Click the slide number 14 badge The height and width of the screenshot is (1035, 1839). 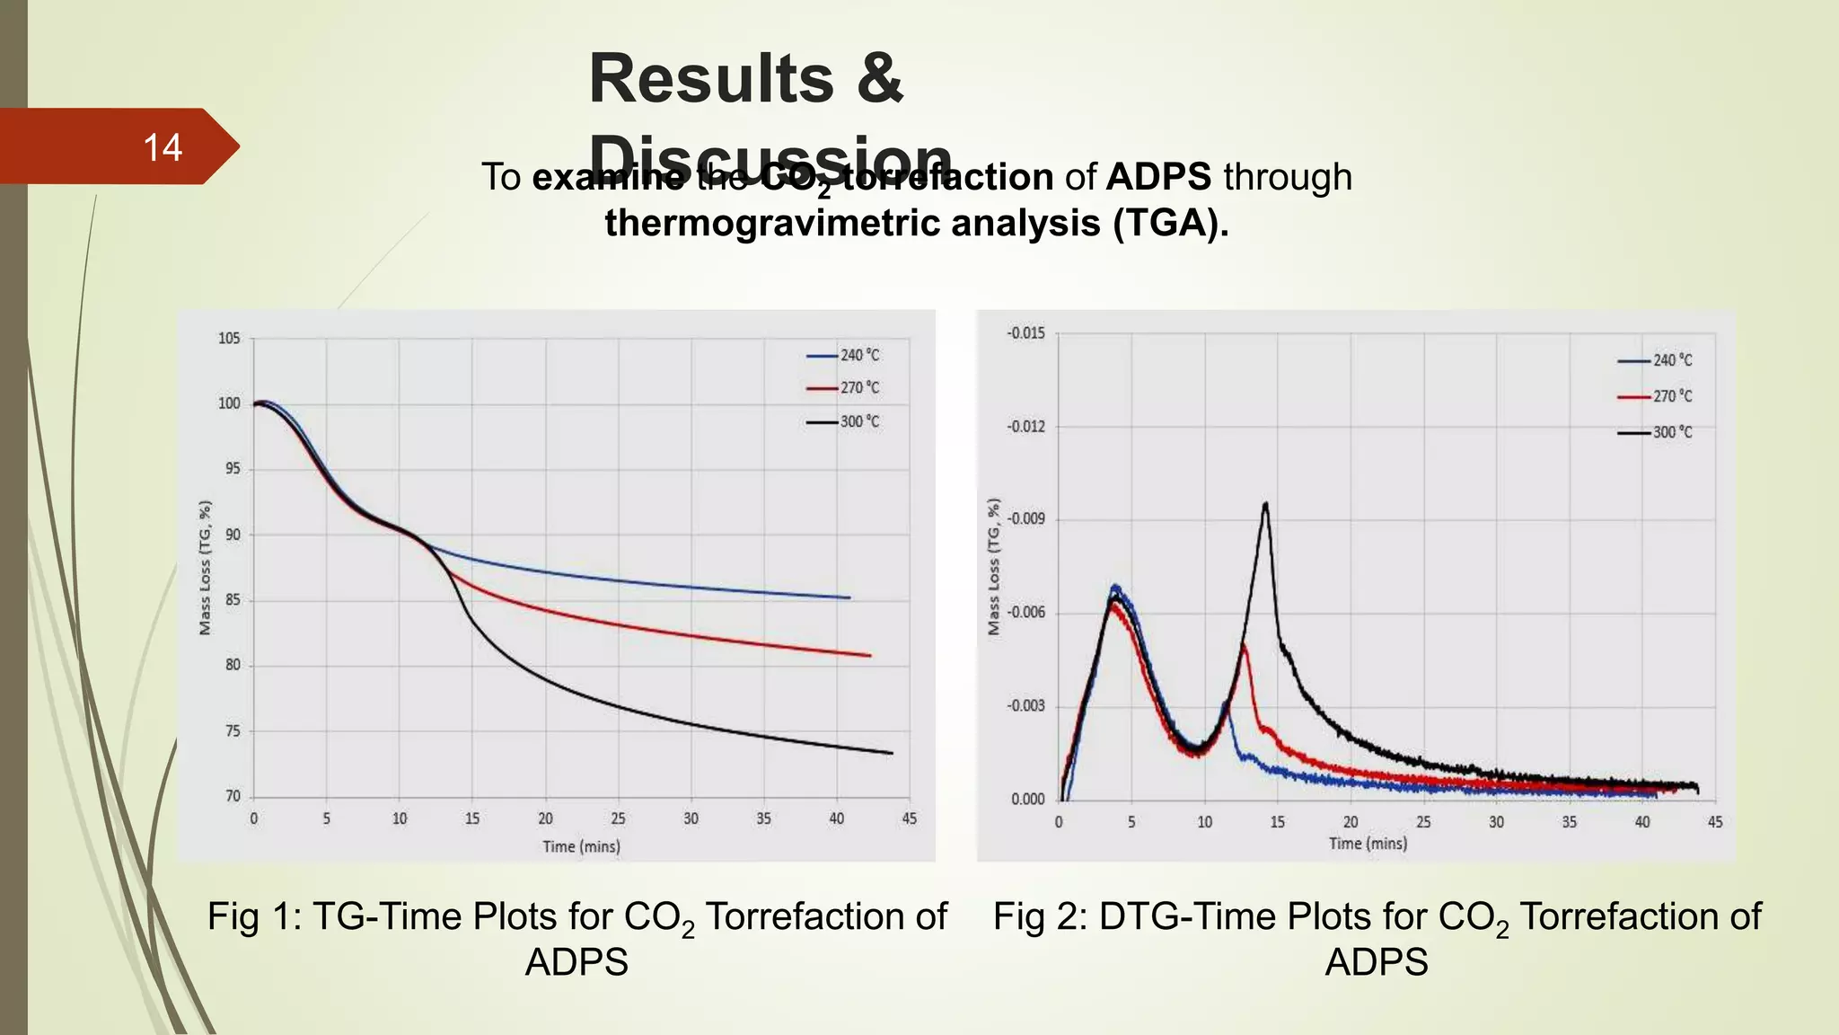[162, 147]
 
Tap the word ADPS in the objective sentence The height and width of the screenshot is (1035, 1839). [1157, 177]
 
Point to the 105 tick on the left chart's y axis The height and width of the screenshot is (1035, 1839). [229, 339]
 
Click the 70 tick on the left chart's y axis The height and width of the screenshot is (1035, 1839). [233, 796]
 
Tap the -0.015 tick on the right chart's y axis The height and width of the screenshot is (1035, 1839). [1025, 333]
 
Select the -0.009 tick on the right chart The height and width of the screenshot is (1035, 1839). [1025, 519]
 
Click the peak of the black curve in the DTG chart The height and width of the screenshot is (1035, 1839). [1265, 504]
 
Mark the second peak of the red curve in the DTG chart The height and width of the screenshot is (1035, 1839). [1244, 644]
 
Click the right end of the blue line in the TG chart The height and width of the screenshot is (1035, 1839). [849, 597]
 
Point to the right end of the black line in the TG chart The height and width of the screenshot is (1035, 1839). [892, 753]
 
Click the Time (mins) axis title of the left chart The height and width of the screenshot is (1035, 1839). [581, 846]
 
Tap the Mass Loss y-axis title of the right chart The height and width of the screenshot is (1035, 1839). [993, 567]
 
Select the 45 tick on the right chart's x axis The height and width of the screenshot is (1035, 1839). [1714, 822]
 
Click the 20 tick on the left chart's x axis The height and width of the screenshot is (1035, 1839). [545, 818]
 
